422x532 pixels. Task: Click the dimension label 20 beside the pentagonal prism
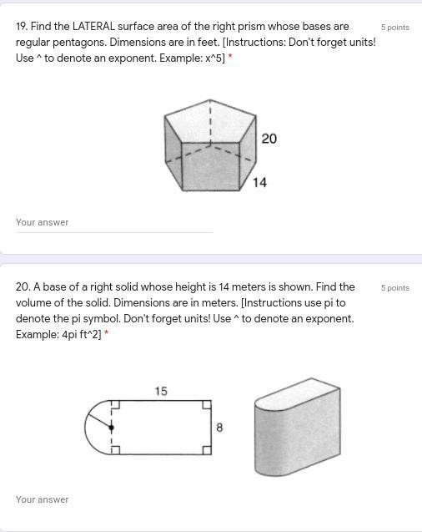click(x=269, y=139)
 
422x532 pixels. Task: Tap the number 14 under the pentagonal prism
click(x=259, y=183)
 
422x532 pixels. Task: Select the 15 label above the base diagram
click(x=161, y=391)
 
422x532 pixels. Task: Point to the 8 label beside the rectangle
click(x=219, y=427)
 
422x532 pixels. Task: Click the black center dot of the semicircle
click(x=112, y=428)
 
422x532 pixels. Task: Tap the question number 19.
click(x=22, y=27)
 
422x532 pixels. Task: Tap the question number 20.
click(x=23, y=287)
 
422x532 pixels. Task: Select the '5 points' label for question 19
click(x=395, y=27)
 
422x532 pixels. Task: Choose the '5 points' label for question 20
click(x=395, y=287)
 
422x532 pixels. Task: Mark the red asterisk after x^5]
click(x=230, y=56)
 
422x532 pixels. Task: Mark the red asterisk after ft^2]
click(x=107, y=333)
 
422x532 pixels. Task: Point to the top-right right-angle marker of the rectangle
click(x=207, y=405)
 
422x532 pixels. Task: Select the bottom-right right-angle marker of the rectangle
click(x=207, y=450)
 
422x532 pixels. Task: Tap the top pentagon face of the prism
click(x=210, y=121)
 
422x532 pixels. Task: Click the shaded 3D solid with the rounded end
click(x=298, y=427)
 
